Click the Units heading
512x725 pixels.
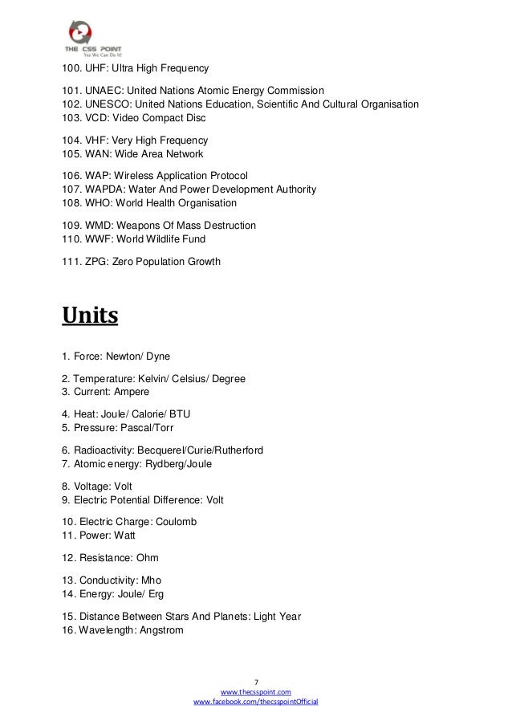pos(90,316)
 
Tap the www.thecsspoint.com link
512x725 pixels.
pos(256,691)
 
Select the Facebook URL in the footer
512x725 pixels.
pos(256,702)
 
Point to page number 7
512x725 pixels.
pos(256,681)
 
